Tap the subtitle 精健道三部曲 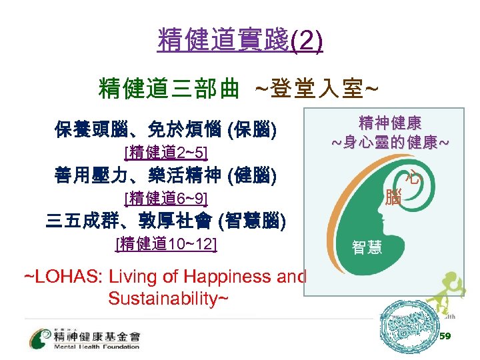click(x=168, y=87)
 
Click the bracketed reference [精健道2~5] click(x=166, y=153)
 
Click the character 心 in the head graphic click(x=415, y=178)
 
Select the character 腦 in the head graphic click(x=394, y=197)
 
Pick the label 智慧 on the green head click(x=367, y=249)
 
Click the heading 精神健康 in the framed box click(x=390, y=123)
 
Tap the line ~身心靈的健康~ click(x=390, y=143)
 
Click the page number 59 click(x=445, y=337)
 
